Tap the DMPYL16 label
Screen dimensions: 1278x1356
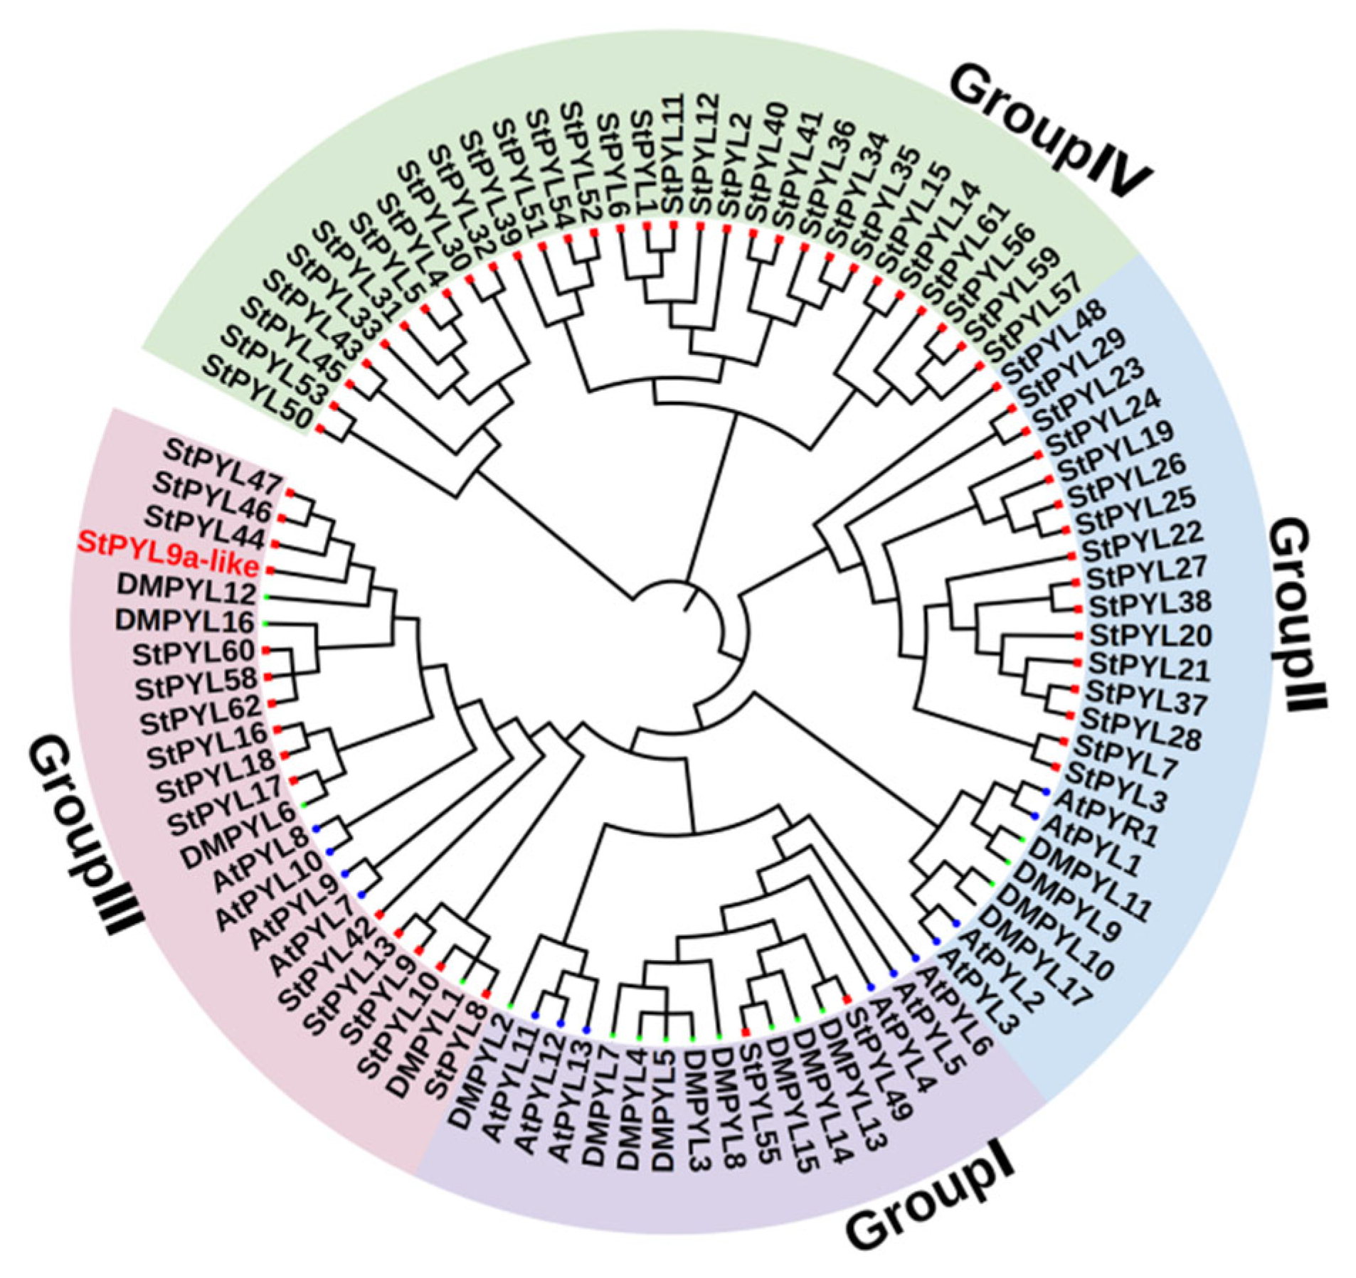(x=184, y=622)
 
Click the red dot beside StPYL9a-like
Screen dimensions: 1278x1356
(x=270, y=570)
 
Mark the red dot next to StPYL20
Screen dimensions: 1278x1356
(x=1079, y=634)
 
